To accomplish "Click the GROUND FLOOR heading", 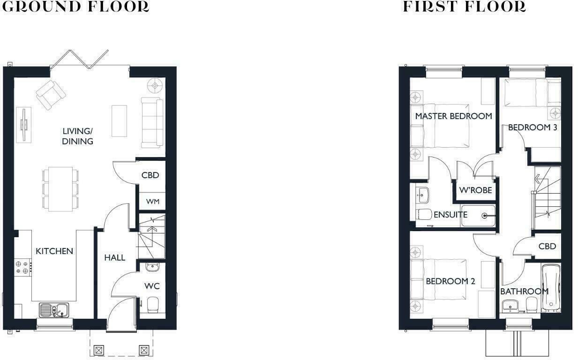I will pos(76,7).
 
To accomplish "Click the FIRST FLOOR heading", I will pos(464,7).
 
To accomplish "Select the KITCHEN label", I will pos(54,251).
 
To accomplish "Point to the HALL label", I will pos(114,257).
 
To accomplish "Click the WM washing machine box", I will pos(153,202).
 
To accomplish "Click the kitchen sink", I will pos(54,309).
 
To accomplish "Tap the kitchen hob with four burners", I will pos(23,267).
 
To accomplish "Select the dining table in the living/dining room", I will pos(60,187).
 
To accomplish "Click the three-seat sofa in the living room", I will pos(152,121).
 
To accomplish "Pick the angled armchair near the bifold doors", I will pos(50,94).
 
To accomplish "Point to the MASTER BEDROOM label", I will pos(453,116).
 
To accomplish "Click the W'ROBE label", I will pos(475,190).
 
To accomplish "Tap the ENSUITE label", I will pos(450,215).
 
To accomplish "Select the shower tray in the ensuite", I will pos(478,216).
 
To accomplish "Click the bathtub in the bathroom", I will pos(551,288).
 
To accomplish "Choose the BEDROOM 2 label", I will pos(450,281).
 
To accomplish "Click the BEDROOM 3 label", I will pos(532,127).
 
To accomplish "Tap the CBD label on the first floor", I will pos(547,246).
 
